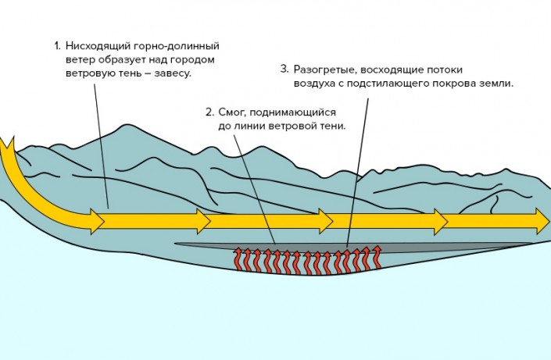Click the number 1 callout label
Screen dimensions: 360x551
57,45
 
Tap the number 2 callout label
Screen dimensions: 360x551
208,112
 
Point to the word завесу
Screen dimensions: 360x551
170,73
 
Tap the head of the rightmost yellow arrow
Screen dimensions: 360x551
542,221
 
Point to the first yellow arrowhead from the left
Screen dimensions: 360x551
97,221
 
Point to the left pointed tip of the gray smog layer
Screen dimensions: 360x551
177,244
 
